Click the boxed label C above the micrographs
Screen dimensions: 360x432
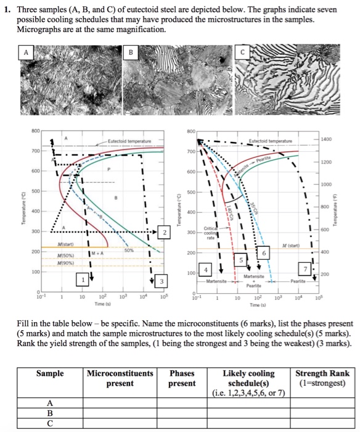tap(242, 52)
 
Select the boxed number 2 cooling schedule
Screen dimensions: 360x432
tap(165, 231)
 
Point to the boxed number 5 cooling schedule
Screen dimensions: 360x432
tap(242, 260)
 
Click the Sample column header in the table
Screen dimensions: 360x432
tap(50, 373)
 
